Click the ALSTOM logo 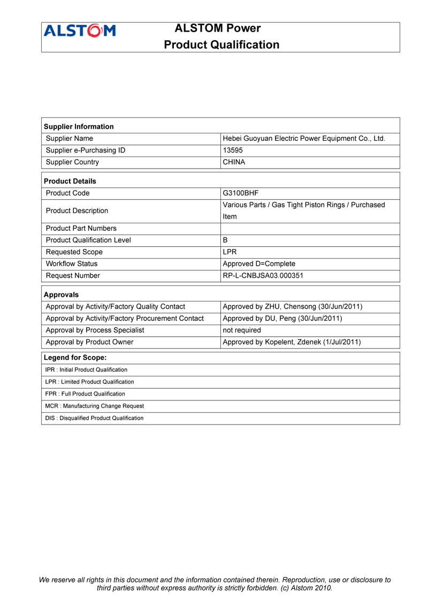click(80, 31)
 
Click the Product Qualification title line click(221, 44)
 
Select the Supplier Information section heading click(79, 126)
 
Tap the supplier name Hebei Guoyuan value click(303, 139)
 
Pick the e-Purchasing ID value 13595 click(233, 150)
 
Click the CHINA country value click(234, 162)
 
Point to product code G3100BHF click(241, 193)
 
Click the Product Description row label click(77, 210)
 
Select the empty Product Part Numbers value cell click(310, 228)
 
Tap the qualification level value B click(225, 240)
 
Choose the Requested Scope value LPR click(230, 252)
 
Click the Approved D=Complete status click(259, 263)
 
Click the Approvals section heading click(61, 294)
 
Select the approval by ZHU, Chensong click(292, 306)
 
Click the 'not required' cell click(242, 330)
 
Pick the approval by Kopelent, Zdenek click(291, 342)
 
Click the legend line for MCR click(95, 406)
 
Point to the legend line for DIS click(94, 418)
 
